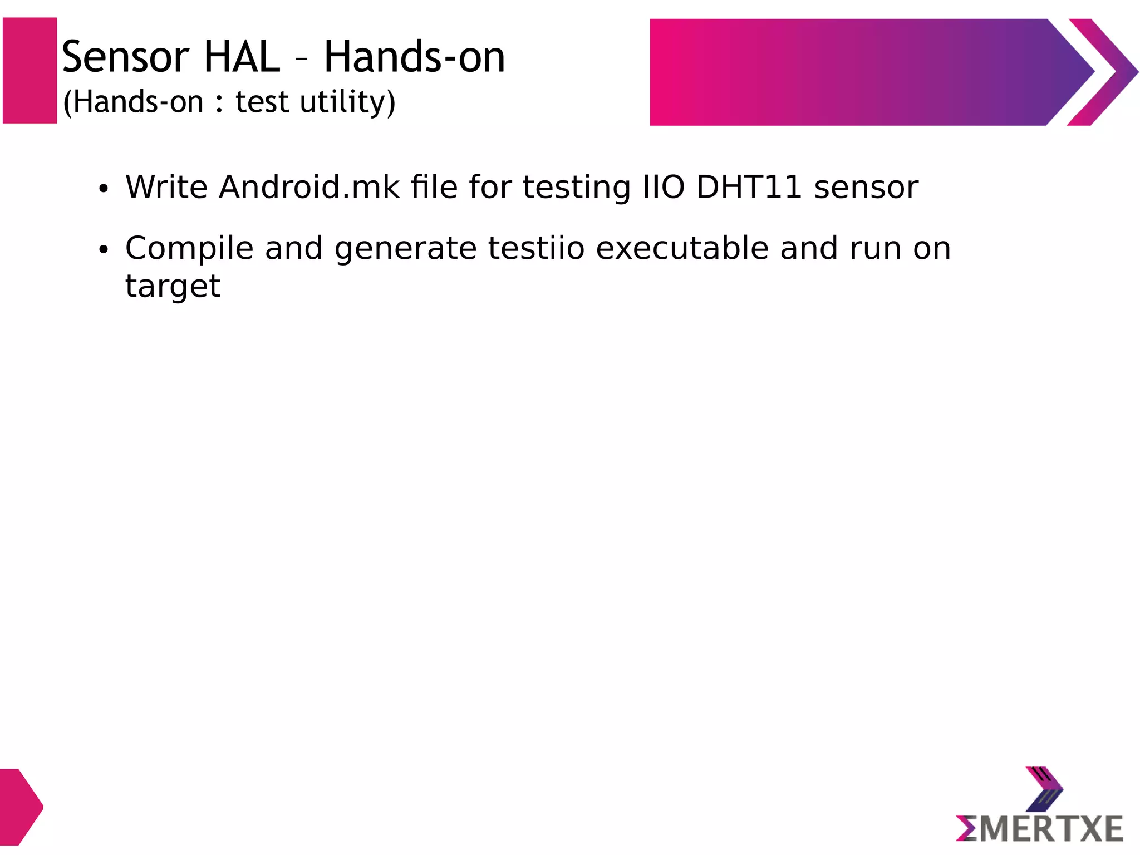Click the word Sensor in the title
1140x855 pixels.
point(125,57)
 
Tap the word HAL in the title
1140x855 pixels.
point(242,57)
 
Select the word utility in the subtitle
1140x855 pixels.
point(347,102)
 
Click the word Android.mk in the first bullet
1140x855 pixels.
point(309,187)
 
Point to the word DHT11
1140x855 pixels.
point(749,187)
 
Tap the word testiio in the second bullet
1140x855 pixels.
point(536,248)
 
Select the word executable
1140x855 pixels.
point(682,248)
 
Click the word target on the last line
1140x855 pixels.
point(173,287)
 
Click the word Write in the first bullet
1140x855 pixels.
point(166,187)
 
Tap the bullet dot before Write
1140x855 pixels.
point(103,189)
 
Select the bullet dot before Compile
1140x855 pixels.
point(103,250)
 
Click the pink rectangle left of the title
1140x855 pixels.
point(30,71)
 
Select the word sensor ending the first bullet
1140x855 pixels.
point(866,187)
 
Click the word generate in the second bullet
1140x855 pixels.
point(405,248)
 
